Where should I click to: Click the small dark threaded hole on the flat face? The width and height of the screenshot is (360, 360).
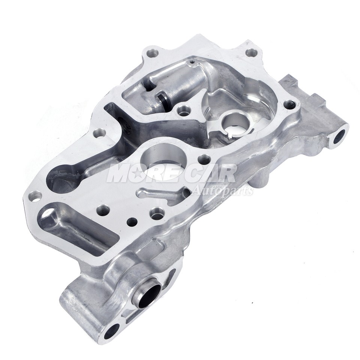click(x=131, y=221)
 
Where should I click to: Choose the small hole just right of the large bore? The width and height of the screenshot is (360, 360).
click(x=204, y=159)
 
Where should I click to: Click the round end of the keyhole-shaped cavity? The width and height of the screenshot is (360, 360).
click(x=60, y=179)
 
